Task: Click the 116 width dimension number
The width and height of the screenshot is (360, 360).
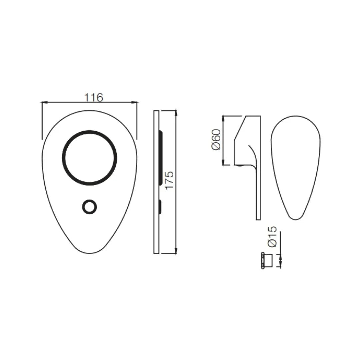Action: click(93, 98)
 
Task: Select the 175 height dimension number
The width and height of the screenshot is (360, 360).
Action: click(170, 180)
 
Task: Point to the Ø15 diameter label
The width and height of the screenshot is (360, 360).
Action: click(272, 237)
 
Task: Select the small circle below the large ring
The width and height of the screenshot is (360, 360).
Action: click(89, 207)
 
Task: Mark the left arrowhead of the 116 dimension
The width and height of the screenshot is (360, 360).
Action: click(44, 102)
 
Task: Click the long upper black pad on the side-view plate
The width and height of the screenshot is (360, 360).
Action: click(161, 158)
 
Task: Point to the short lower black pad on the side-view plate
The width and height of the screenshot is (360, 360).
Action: click(160, 207)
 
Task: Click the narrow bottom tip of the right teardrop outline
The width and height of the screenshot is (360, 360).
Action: click(295, 218)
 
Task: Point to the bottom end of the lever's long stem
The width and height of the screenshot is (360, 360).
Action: click(258, 218)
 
